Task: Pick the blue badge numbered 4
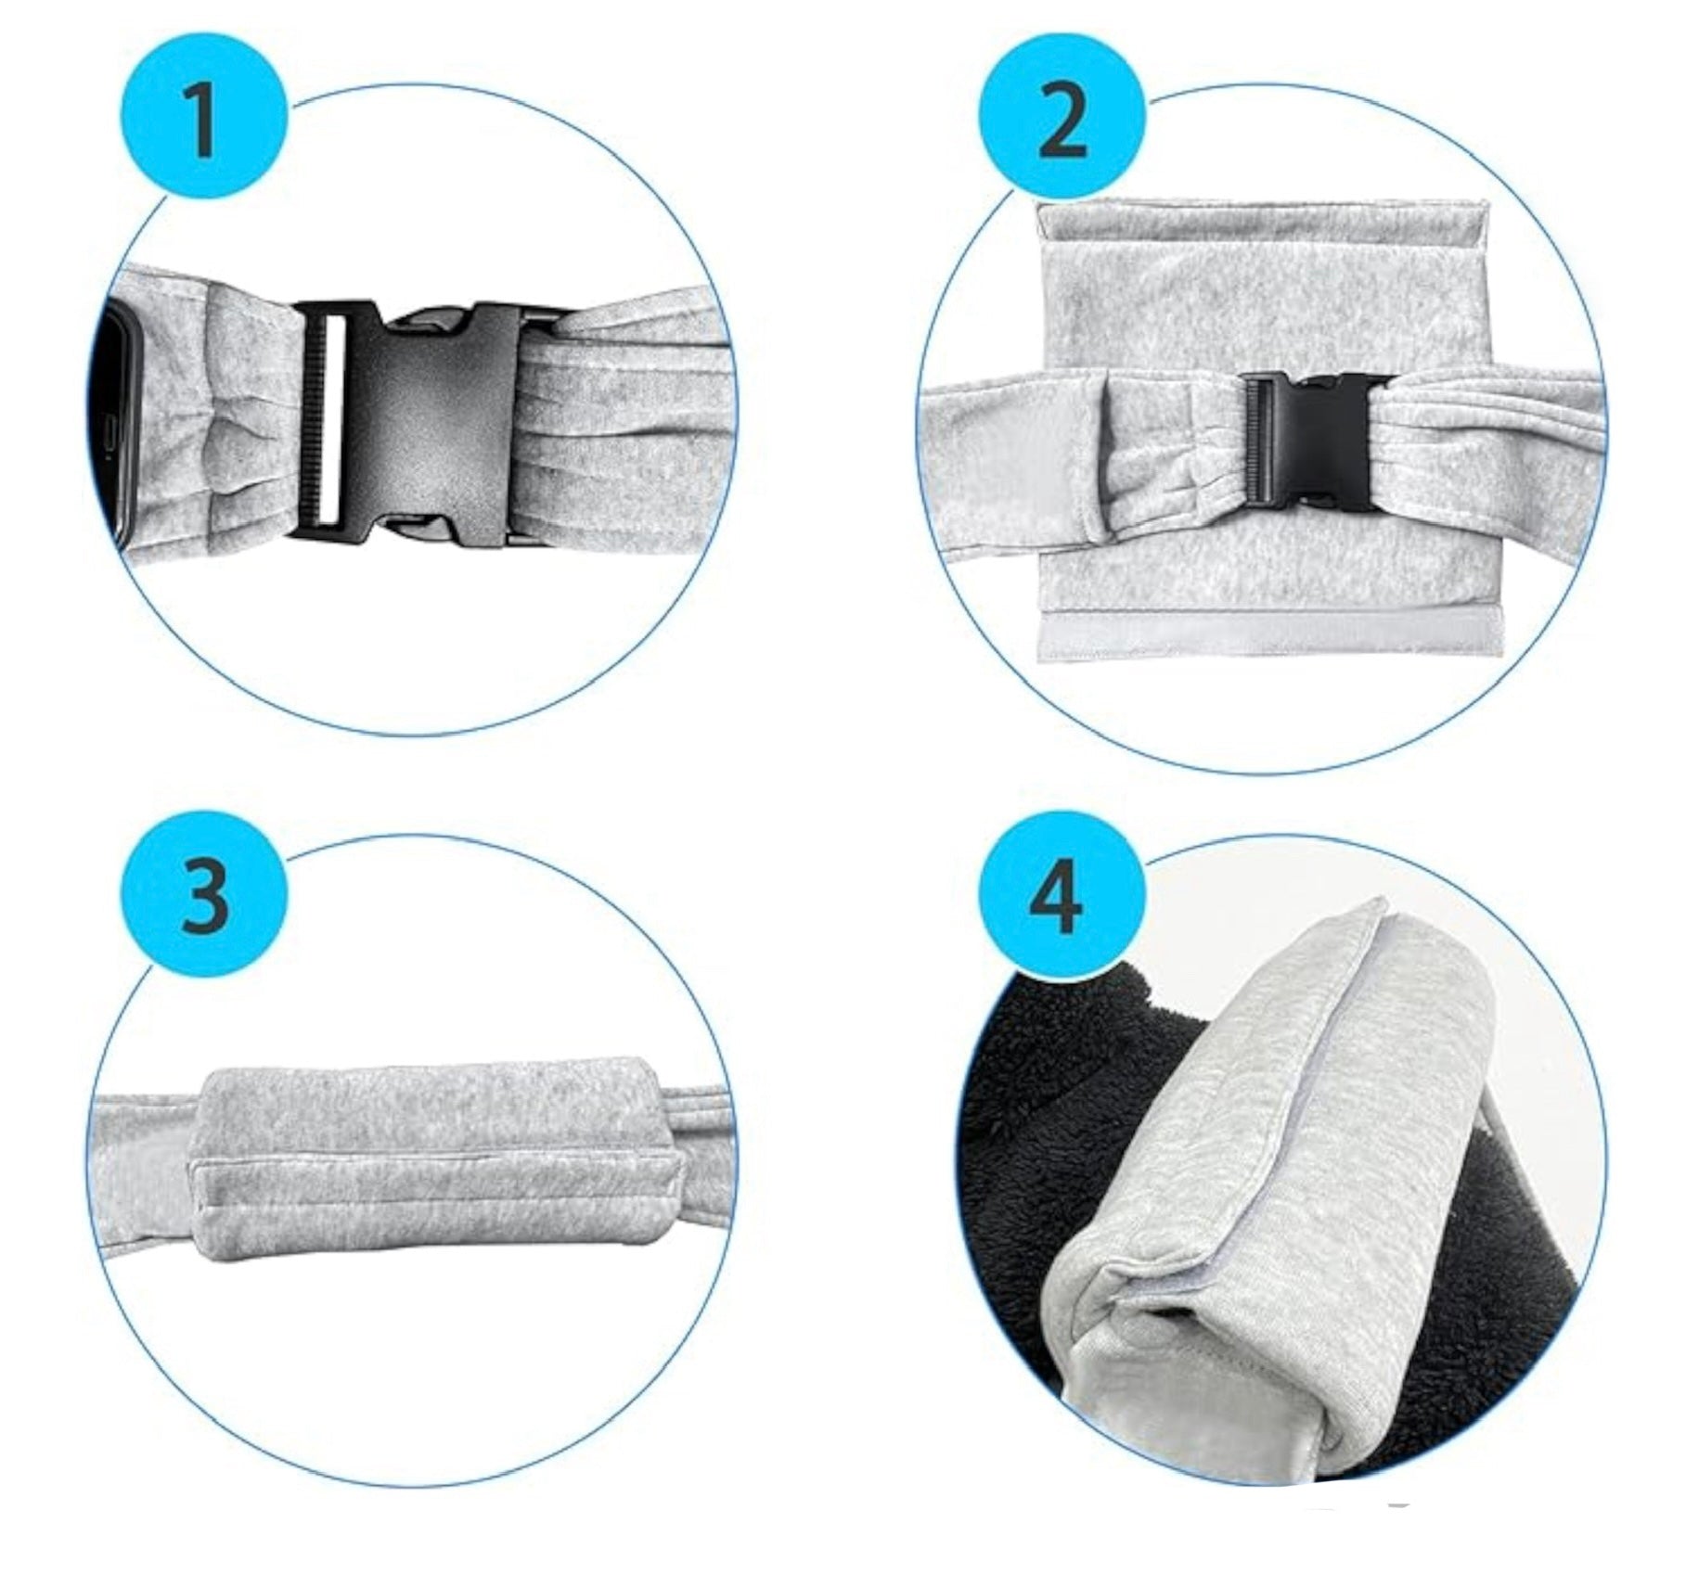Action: click(1061, 896)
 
